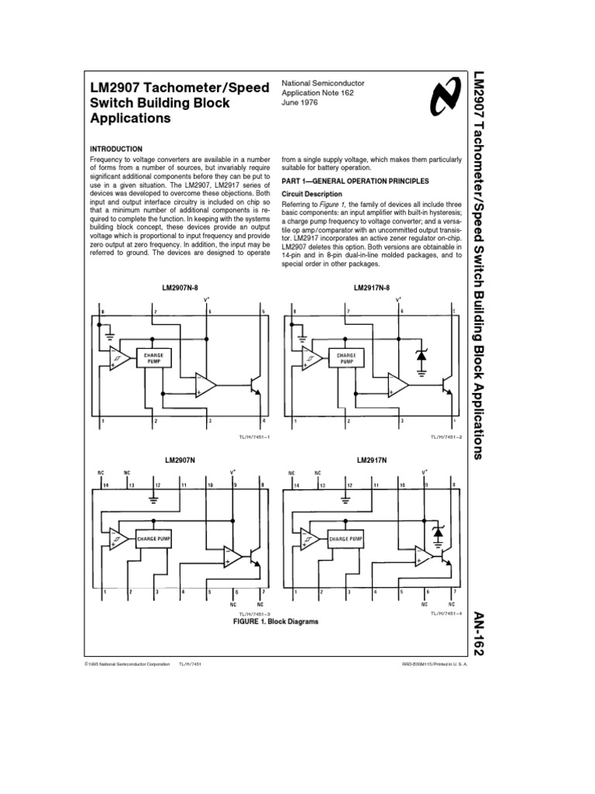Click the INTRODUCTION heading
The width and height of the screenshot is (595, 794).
tap(117, 148)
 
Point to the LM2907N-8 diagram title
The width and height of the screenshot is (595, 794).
tap(183, 288)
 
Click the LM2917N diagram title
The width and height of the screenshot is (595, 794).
tap(371, 460)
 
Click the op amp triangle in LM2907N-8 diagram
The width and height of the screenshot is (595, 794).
tap(206, 385)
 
